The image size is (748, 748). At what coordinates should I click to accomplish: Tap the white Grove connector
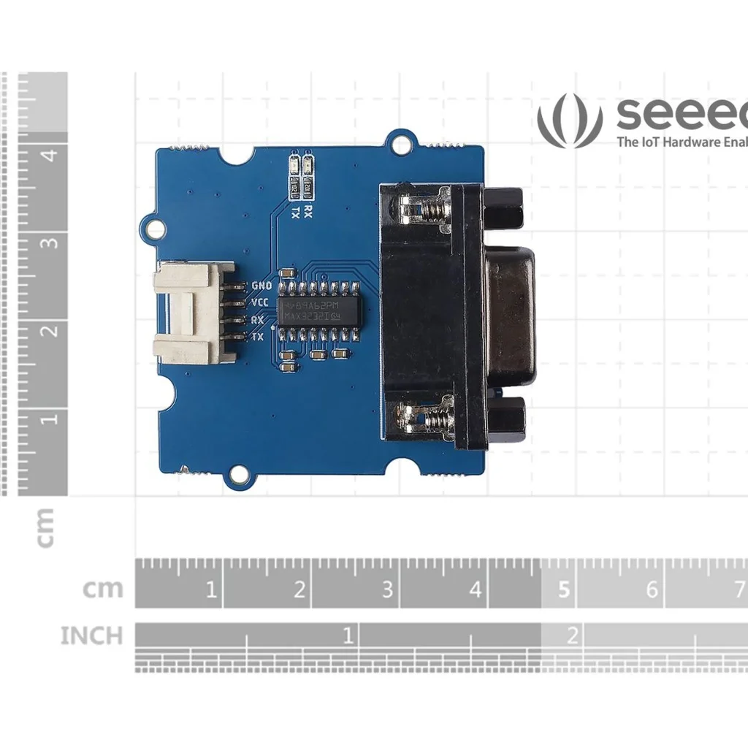(191, 313)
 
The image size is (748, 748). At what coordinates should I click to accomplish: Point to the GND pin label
(261, 286)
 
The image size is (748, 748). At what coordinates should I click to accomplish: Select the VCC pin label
(259, 302)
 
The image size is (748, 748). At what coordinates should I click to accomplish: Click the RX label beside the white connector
(257, 320)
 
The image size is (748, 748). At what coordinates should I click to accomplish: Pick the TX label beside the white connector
(257, 337)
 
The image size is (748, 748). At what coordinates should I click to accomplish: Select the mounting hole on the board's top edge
(400, 145)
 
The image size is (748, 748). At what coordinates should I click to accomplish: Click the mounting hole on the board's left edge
(156, 229)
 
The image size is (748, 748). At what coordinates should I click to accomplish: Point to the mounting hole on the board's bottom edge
(237, 476)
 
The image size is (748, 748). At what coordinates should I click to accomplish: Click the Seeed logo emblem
(570, 120)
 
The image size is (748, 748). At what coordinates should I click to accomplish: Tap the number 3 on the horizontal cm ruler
(387, 589)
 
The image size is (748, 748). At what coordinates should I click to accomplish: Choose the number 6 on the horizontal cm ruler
(652, 589)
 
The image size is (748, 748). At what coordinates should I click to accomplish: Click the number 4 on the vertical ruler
(50, 155)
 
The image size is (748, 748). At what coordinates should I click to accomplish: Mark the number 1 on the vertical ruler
(50, 419)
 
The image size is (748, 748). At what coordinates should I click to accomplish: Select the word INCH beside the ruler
(91, 636)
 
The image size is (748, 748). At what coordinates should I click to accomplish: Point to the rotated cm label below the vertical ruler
(45, 527)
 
